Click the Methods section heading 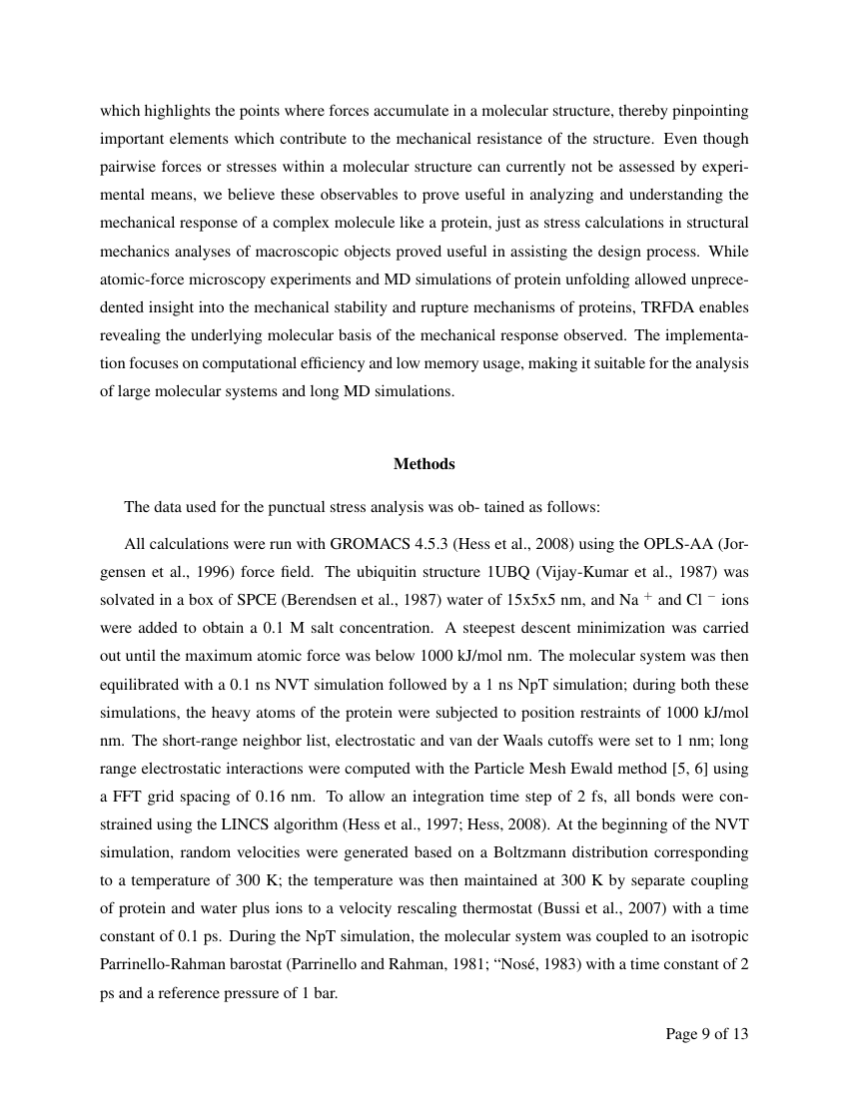(424, 464)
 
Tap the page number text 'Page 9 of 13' (706, 1033)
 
